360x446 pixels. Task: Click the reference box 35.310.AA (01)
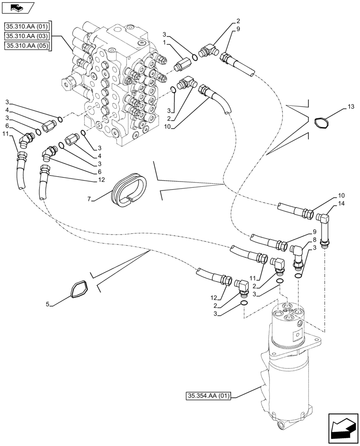pos(27,25)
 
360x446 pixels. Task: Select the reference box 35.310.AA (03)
pos(27,35)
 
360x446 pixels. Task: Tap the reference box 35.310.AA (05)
pos(27,45)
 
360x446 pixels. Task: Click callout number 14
pos(342,204)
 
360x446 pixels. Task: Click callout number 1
pos(164,42)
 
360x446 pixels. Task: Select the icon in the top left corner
pos(18,8)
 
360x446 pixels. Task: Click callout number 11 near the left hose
pos(5,133)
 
